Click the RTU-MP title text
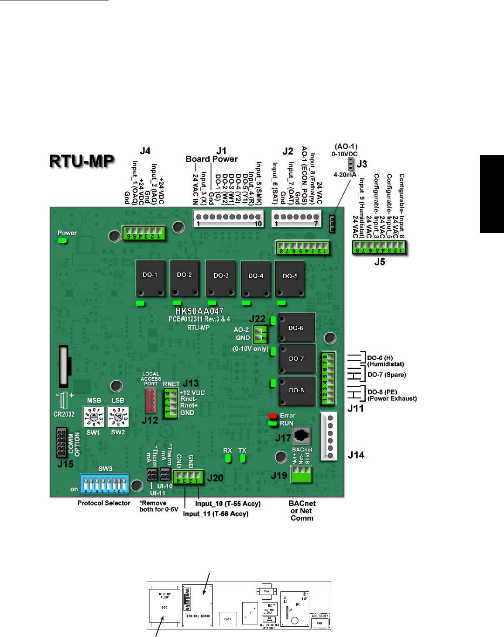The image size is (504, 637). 82,161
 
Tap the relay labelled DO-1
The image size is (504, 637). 150,279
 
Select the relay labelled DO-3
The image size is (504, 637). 221,279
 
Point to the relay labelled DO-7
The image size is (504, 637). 297,359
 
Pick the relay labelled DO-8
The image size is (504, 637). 297,390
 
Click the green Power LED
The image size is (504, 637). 62,241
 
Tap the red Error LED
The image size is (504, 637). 272,416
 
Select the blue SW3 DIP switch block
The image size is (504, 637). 104,484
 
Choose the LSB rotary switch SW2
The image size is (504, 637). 118,417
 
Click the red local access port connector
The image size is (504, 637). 150,400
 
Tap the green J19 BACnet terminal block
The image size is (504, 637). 301,474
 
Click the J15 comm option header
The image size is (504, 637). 61,442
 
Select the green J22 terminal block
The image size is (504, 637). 260,334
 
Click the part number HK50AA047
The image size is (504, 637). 199,311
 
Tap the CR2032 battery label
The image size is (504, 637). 64,414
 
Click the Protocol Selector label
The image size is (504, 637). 104,503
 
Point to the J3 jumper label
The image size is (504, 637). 362,164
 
